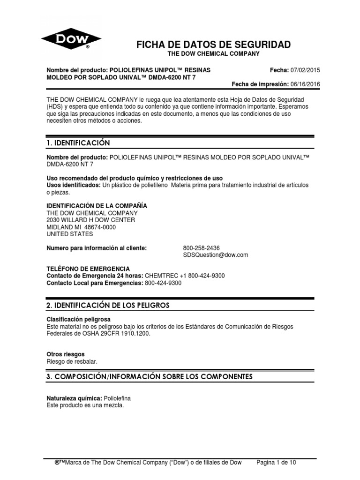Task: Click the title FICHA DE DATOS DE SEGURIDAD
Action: (x=213, y=45)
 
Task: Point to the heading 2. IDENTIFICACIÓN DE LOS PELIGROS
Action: (x=108, y=305)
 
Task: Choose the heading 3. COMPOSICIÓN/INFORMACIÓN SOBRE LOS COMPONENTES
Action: (x=150, y=376)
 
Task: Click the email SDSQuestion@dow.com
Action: (x=215, y=255)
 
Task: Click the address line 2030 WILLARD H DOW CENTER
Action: (x=91, y=220)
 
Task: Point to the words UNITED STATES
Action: (x=69, y=234)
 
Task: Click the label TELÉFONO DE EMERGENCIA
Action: (x=88, y=269)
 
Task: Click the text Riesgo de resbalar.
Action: (x=73, y=361)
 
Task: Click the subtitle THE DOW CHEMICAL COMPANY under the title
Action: (x=213, y=54)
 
